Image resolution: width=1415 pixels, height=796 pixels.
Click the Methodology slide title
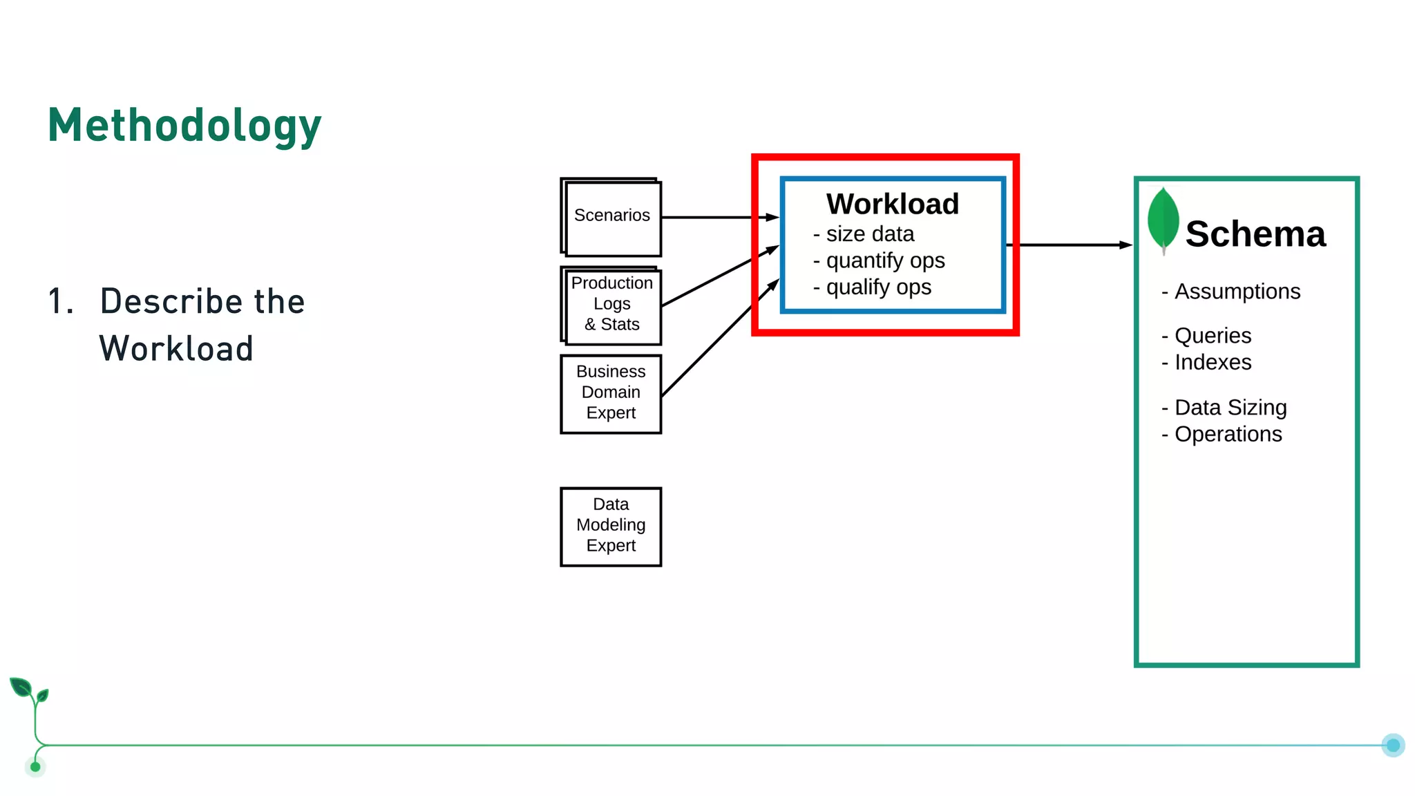coord(184,126)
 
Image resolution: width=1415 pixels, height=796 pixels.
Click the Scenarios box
coord(612,217)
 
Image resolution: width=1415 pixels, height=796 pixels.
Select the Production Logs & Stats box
coord(612,305)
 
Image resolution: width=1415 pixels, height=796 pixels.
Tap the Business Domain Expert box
coord(611,393)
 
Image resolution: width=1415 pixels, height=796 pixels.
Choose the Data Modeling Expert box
coord(611,526)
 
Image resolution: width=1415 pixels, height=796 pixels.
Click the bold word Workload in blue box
coord(892,205)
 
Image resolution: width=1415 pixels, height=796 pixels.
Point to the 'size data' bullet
coord(869,234)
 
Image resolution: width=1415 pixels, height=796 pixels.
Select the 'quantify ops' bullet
coord(884,260)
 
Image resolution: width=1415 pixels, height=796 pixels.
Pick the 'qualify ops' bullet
coord(877,287)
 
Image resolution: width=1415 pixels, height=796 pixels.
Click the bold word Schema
coord(1255,234)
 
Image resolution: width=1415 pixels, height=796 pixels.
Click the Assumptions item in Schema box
coord(1237,292)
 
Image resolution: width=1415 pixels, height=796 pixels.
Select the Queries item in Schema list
coord(1212,336)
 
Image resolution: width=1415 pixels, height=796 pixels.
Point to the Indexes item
coord(1212,362)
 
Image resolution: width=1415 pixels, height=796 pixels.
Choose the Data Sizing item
coord(1230,408)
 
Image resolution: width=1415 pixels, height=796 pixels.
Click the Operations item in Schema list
coord(1227,434)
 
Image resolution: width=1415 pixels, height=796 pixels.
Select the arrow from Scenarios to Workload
coord(719,217)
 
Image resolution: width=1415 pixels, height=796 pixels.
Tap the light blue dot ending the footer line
coord(1393,745)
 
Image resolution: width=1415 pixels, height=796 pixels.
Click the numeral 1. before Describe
coord(61,302)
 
